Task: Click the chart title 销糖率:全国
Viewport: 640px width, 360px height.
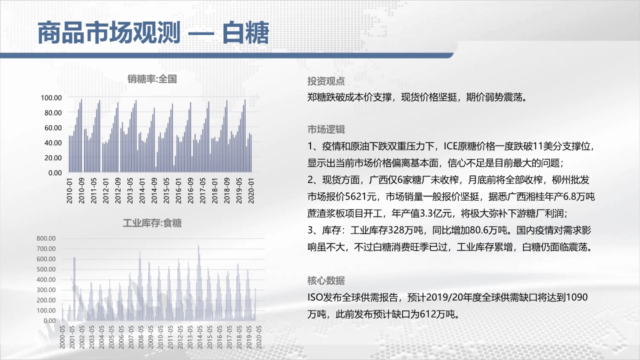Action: pyautogui.click(x=152, y=79)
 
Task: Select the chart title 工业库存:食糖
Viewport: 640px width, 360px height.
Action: pyautogui.click(x=152, y=223)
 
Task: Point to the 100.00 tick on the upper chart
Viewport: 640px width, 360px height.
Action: pyautogui.click(x=51, y=97)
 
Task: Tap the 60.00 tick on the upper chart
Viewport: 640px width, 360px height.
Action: pyautogui.click(x=53, y=127)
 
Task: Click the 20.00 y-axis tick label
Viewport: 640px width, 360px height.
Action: pyautogui.click(x=53, y=157)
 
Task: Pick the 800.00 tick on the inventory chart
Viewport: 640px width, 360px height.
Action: pyautogui.click(x=46, y=238)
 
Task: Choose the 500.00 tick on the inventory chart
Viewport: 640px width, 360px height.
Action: pyautogui.click(x=46, y=269)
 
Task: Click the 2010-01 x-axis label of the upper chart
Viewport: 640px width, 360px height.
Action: pyautogui.click(x=69, y=190)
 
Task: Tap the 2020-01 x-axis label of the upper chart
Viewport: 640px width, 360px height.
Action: pyautogui.click(x=251, y=190)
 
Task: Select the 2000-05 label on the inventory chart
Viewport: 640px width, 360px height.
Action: pyautogui.click(x=62, y=337)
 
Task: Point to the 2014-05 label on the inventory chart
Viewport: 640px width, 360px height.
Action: pyautogui.click(x=199, y=337)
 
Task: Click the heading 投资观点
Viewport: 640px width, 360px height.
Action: pyautogui.click(x=326, y=81)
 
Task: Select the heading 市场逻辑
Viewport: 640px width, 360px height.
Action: pyautogui.click(x=326, y=129)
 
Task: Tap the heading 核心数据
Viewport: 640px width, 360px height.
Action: pyautogui.click(x=326, y=280)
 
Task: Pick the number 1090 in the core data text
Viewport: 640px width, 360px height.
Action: pyautogui.click(x=576, y=297)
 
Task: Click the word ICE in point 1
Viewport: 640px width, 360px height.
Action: pyautogui.click(x=450, y=146)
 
